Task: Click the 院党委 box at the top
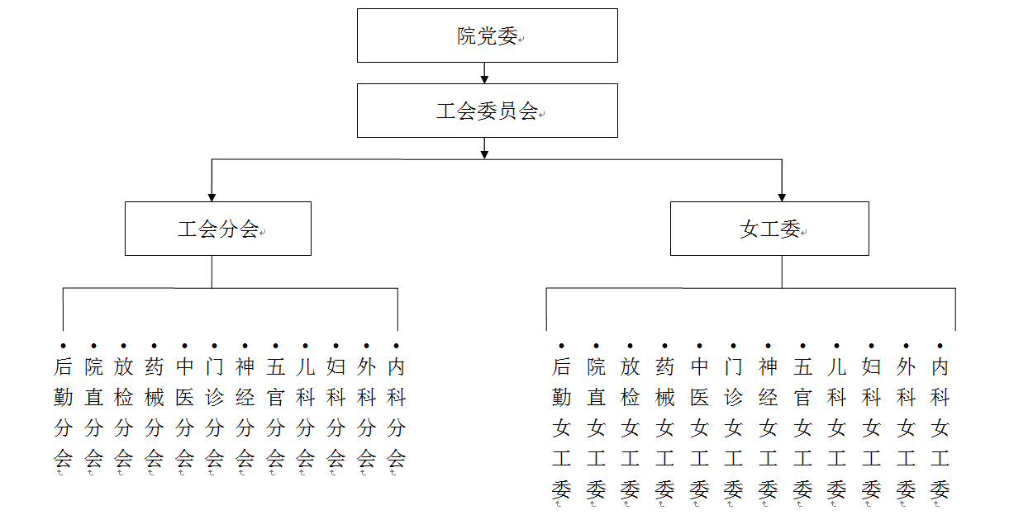click(x=488, y=35)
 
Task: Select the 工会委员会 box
click(x=488, y=111)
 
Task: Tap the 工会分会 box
click(x=218, y=229)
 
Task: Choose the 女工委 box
click(x=769, y=229)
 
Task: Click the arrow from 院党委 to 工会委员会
click(x=484, y=73)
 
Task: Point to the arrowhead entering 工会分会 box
click(x=212, y=198)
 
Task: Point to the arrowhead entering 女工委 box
click(x=782, y=198)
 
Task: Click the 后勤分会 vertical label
click(x=63, y=413)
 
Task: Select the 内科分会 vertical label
click(x=397, y=413)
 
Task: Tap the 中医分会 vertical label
click(x=184, y=413)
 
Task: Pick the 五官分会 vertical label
click(x=275, y=413)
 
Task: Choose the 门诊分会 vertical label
click(x=214, y=413)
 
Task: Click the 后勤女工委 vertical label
click(x=561, y=428)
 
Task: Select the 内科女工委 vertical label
click(x=940, y=428)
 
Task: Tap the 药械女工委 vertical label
click(x=665, y=428)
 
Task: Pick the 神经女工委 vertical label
click(x=768, y=428)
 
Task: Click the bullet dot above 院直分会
click(x=93, y=346)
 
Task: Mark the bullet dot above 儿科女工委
click(x=836, y=346)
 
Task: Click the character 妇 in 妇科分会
click(x=336, y=367)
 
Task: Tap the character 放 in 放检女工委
click(x=631, y=367)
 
